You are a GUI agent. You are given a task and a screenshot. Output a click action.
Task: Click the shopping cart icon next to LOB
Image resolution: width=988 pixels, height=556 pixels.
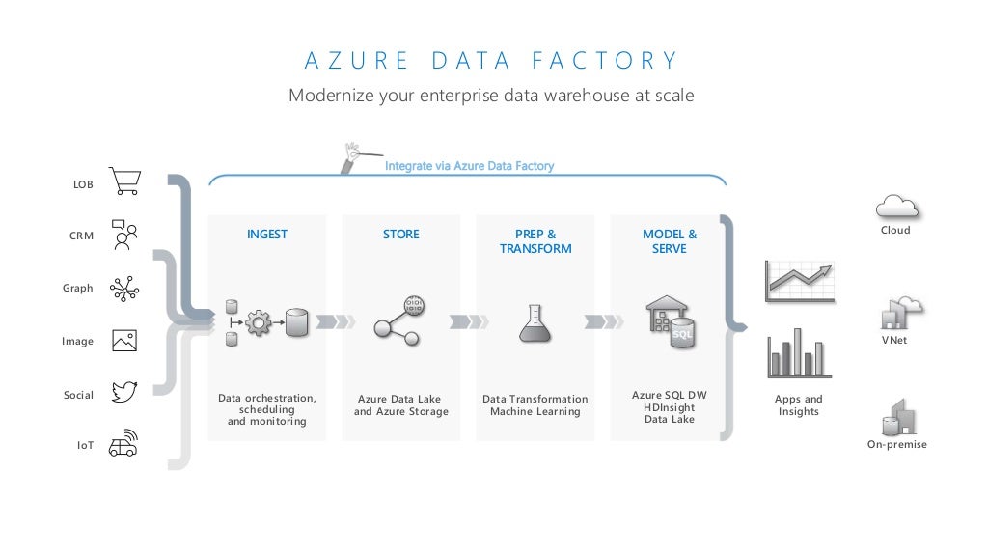tap(125, 181)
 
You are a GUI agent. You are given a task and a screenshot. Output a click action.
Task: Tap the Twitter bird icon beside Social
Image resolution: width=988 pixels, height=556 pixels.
tap(125, 392)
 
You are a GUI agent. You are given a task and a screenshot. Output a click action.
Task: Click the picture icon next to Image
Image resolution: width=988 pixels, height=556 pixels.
tap(124, 340)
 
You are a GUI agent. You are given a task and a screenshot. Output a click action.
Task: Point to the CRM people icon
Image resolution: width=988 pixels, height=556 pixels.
tap(124, 235)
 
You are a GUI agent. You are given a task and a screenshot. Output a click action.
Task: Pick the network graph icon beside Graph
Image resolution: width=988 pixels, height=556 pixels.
tap(124, 288)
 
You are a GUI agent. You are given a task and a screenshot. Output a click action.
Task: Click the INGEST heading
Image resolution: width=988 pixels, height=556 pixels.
tap(266, 235)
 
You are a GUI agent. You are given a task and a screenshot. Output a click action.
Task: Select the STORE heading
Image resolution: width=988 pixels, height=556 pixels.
tap(400, 235)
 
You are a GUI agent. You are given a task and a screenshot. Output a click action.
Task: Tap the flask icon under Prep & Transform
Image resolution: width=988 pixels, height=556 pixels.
tap(535, 323)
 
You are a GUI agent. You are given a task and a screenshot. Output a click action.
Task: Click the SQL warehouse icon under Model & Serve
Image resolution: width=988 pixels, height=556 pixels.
tap(671, 321)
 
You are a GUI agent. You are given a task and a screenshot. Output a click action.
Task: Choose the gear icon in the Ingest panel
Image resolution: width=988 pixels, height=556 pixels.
tap(259, 322)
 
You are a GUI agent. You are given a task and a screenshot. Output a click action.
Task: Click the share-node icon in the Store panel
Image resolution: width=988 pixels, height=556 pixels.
tap(398, 320)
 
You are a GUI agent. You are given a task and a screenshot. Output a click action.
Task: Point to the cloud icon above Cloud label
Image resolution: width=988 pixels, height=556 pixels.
tap(895, 206)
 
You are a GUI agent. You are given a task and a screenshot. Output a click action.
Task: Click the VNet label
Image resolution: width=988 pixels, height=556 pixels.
tap(894, 341)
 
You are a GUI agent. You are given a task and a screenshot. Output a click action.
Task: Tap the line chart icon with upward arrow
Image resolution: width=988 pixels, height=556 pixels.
tap(800, 281)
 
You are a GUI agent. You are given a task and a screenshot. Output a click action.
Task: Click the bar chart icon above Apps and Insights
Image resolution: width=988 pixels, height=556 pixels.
tap(799, 353)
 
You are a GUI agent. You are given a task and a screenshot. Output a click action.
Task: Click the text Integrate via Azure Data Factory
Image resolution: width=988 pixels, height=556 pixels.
tap(469, 166)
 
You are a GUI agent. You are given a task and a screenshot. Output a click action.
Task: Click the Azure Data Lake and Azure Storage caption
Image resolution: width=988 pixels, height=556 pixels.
tap(400, 405)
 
